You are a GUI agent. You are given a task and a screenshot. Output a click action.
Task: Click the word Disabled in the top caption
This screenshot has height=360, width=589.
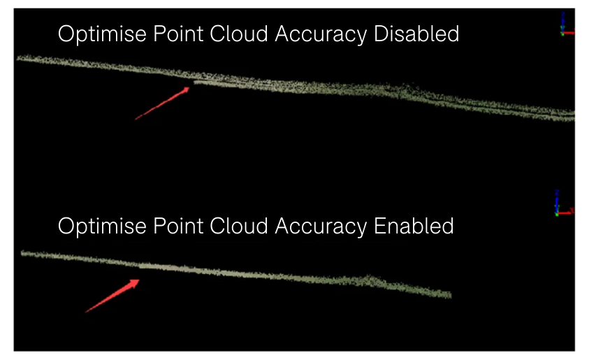[x=416, y=34]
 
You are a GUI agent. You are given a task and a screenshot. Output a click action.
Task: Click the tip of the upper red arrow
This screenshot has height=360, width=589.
[x=191, y=87]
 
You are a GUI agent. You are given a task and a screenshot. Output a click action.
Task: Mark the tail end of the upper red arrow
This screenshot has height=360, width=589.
[x=136, y=119]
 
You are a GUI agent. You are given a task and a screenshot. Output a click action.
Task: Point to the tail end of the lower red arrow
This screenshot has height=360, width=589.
[x=86, y=312]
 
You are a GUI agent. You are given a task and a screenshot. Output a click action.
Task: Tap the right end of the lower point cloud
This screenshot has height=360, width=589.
[x=450, y=296]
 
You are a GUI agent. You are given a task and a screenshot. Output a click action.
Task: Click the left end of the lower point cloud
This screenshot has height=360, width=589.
[x=23, y=253]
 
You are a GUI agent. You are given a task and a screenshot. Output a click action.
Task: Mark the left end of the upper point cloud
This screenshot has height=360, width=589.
[x=19, y=58]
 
